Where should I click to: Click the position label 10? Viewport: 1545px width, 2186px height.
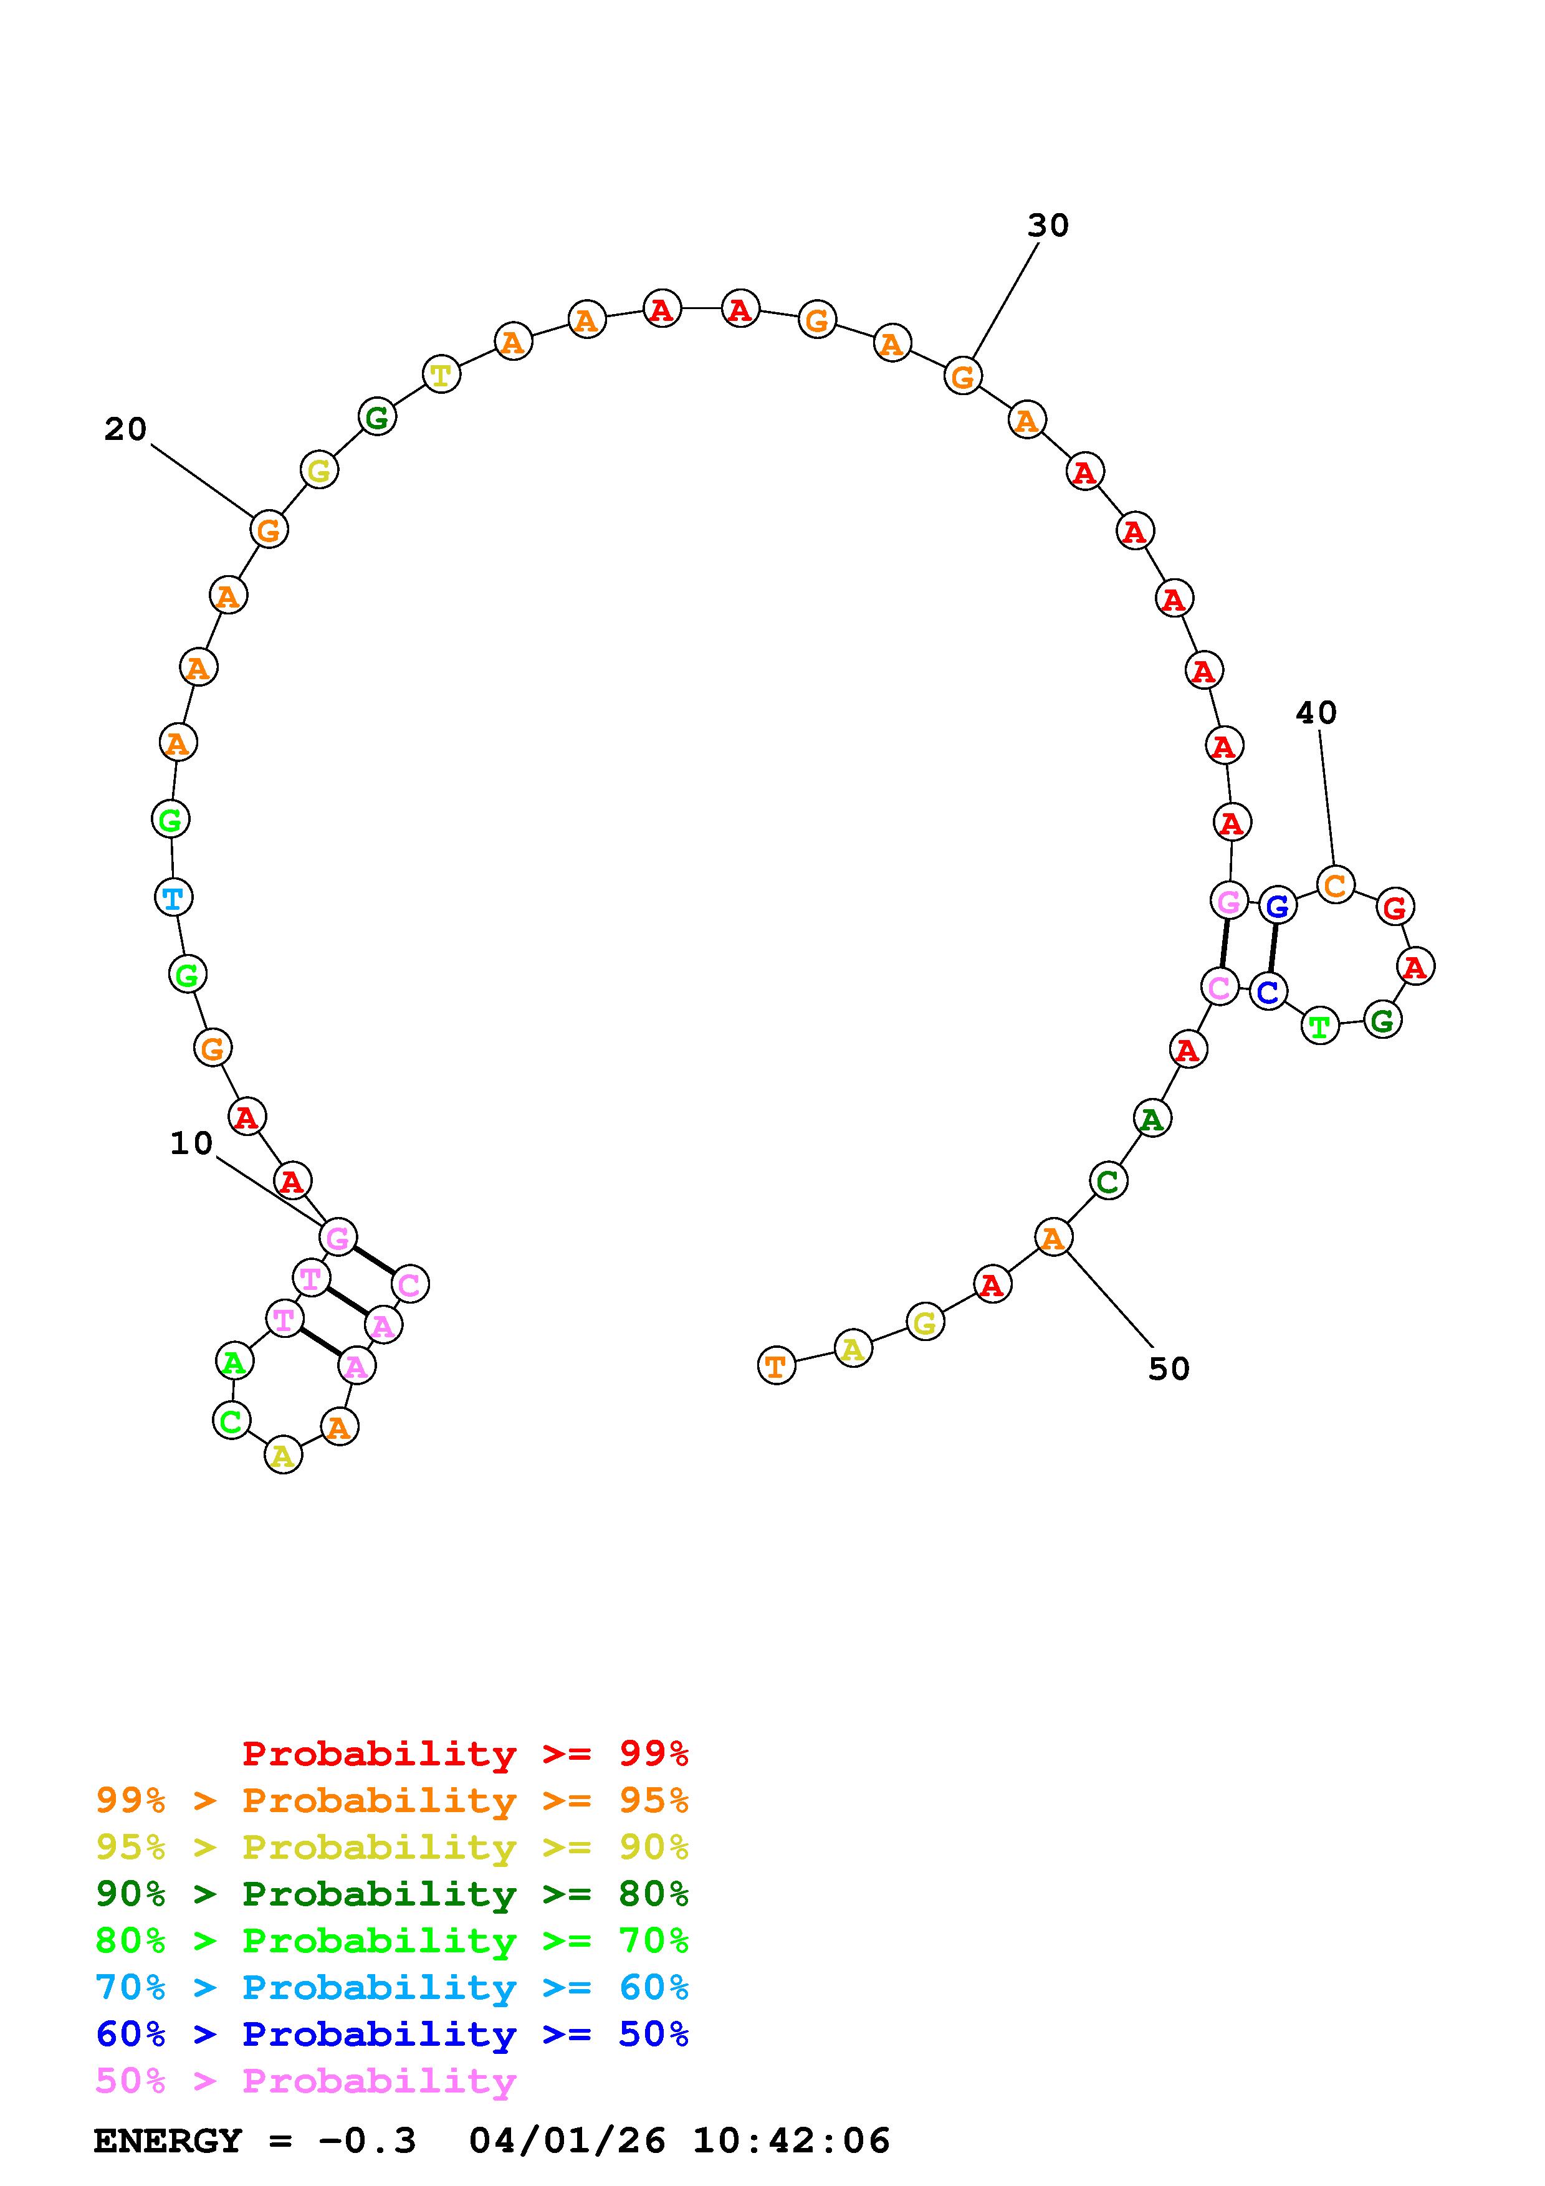191,1143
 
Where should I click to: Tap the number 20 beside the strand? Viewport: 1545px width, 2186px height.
126,429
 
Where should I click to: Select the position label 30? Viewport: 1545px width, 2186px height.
1048,226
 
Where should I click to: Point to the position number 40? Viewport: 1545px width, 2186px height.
1316,712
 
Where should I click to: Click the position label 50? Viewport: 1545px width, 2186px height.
1169,1368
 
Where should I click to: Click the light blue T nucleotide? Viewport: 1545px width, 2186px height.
172,897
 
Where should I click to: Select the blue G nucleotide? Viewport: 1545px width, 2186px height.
1278,905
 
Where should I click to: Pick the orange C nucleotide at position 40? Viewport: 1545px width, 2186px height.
1336,884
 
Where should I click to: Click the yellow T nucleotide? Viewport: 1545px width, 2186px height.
441,374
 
